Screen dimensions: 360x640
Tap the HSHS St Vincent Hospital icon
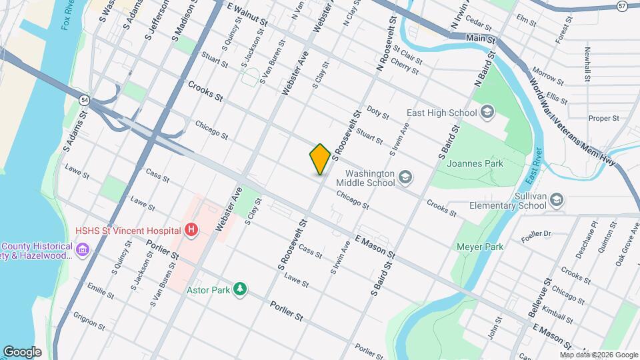tap(191, 231)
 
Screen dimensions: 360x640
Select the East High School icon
tap(487, 111)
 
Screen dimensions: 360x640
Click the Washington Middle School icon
tap(406, 177)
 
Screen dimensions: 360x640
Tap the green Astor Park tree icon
tap(240, 288)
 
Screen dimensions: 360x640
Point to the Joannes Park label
tap(475, 163)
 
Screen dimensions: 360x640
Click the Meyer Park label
tap(479, 247)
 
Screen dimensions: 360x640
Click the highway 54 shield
tap(84, 100)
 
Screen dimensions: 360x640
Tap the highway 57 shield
tap(622, 6)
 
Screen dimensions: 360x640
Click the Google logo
tap(22, 352)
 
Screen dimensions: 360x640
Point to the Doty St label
tap(377, 115)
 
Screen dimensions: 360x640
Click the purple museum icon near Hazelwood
tap(83, 249)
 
